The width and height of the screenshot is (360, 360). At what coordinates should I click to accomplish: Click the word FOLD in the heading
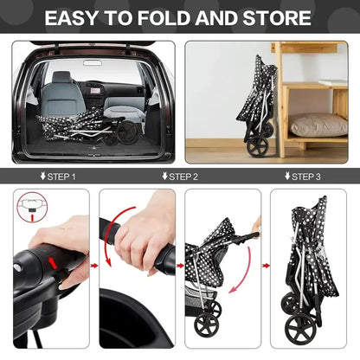tap(164, 18)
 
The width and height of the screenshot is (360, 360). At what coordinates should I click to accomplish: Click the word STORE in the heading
tap(277, 18)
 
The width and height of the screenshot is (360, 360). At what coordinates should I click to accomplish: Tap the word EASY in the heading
tap(72, 18)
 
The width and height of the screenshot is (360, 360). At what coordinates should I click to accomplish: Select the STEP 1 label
tap(58, 177)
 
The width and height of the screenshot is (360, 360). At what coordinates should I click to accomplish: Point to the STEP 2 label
tap(180, 177)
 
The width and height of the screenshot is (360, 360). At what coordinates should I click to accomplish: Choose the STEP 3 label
tap(302, 177)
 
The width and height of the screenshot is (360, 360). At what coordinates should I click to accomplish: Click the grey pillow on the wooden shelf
tap(318, 125)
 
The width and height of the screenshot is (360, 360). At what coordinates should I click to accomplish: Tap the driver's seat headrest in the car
tap(61, 77)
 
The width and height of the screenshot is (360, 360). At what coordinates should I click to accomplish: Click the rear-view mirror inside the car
tap(93, 62)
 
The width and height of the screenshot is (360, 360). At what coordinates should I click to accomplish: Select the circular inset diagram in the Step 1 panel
tap(32, 208)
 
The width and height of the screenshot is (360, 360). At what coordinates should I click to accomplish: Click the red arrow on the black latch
tap(53, 262)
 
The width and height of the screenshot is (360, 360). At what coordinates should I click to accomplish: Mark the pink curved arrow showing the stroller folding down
tap(244, 271)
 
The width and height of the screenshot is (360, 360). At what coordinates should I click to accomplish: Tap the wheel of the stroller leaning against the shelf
tap(255, 145)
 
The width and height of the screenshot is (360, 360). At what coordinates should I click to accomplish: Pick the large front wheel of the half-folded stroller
tap(207, 325)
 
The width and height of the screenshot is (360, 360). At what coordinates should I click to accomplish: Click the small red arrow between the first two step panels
tap(94, 266)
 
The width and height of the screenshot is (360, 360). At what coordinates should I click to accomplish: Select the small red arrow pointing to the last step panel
tap(266, 266)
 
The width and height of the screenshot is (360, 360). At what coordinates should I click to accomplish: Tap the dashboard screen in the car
tap(96, 91)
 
